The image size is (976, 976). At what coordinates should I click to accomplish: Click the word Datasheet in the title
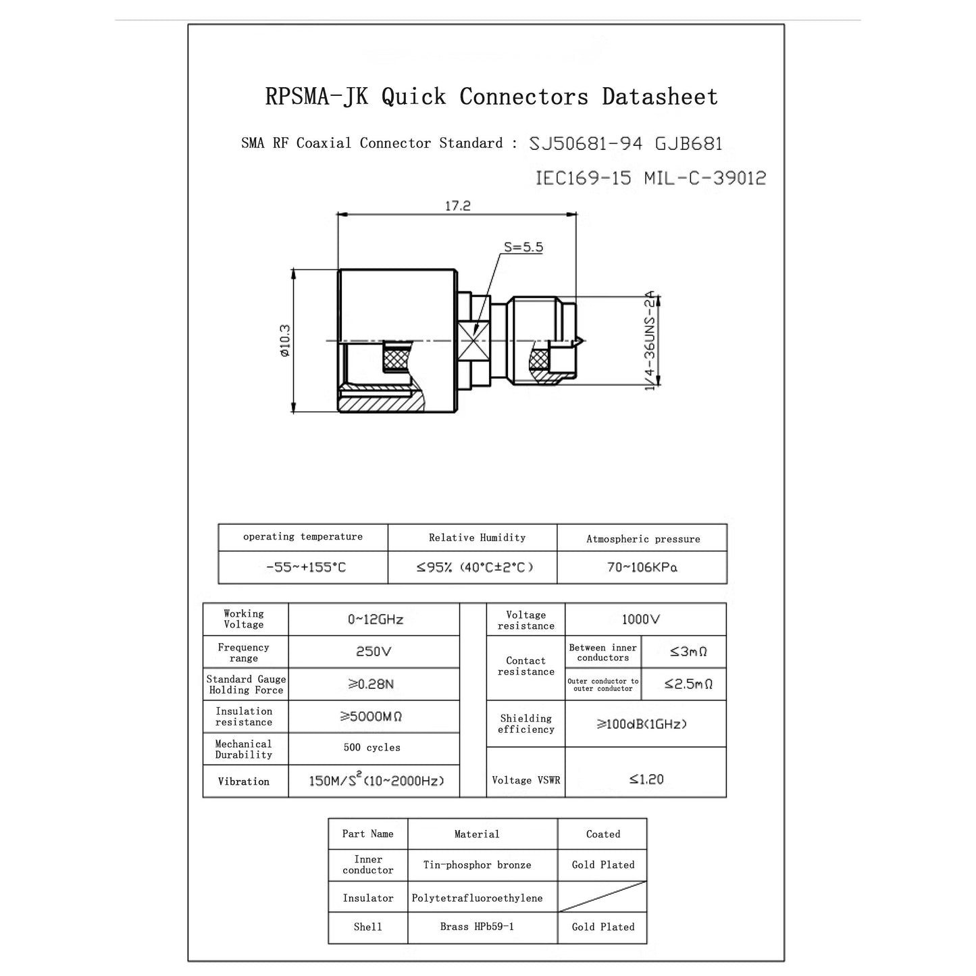pos(659,96)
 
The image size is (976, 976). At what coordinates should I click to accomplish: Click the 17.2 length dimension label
pos(457,205)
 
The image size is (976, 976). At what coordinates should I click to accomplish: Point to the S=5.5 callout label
pos(523,247)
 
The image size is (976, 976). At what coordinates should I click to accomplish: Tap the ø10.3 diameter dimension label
pos(285,340)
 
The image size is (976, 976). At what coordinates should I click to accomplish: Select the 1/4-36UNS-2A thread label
pos(650,340)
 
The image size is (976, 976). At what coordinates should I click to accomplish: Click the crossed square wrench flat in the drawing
pos(473,341)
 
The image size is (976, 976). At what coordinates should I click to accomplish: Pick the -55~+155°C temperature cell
pos(306,567)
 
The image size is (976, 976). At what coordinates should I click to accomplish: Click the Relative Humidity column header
pos(477,538)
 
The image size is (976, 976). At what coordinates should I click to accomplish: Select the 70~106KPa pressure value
pos(642,567)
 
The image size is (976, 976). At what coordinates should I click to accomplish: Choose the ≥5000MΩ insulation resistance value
pos(371,717)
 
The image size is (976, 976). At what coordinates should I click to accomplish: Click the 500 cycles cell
pos(371,748)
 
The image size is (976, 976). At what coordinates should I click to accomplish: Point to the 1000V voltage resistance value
pos(641,619)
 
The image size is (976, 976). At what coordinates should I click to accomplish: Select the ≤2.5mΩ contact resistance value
pos(688,684)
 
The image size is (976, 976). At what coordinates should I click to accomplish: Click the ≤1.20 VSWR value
pos(646,779)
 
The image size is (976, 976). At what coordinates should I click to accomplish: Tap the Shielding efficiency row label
pos(525,724)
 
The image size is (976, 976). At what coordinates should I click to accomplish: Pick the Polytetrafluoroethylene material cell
pos(477,898)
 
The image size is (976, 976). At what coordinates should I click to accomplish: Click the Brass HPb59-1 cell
pos(477,927)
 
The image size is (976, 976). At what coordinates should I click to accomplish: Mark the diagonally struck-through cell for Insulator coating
pos(602,896)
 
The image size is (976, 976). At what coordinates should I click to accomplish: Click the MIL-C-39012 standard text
pos(705,178)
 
